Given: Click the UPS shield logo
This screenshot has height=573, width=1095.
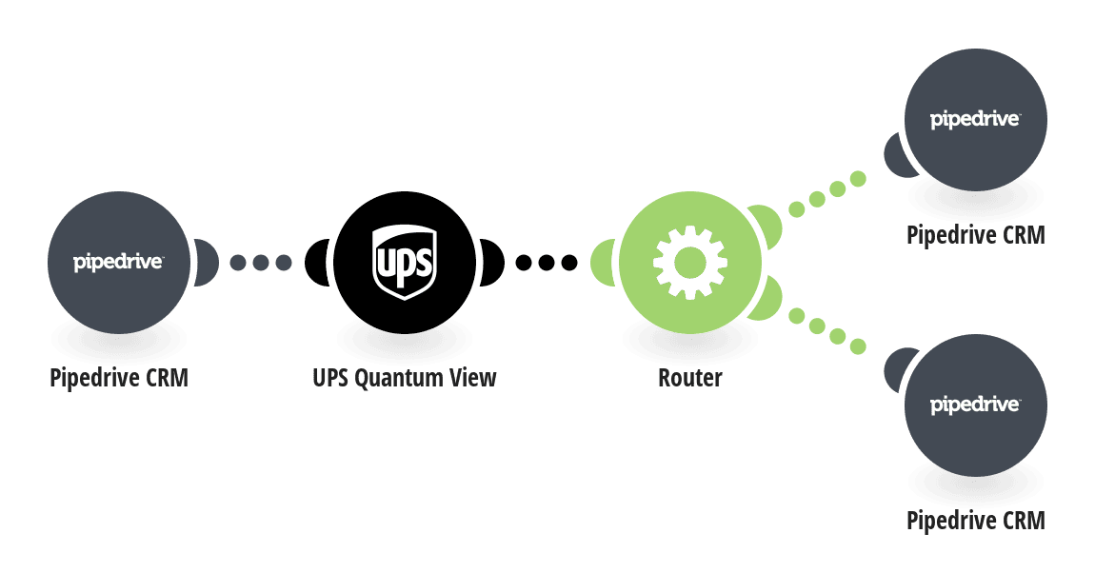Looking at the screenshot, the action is pos(405,262).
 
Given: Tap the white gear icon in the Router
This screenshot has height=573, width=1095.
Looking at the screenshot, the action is pos(690,263).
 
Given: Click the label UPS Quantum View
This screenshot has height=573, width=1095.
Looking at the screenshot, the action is pos(405,378).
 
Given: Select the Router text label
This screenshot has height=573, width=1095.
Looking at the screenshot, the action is pos(690,378).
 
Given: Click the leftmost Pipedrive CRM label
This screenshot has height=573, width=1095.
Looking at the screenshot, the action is pos(119,378).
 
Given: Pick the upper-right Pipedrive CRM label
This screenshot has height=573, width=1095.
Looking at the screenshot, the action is pos(976,235).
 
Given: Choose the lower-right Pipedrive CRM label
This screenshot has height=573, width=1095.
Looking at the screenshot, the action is pos(976,521).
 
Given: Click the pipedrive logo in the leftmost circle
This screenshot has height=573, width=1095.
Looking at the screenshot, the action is pos(118,263).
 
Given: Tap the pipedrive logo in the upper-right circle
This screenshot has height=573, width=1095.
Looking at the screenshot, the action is pos(975,119).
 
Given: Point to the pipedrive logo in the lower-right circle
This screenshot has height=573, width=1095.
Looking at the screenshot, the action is pos(975,405).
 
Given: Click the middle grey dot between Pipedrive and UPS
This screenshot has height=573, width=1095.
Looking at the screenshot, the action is pos(261,263).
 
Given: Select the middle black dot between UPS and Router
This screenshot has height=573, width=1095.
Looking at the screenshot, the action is pos(547,263).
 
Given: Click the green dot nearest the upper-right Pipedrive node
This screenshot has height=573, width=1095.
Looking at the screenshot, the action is pos(858,179).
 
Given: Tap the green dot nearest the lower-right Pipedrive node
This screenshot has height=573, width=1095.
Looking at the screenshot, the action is pos(858,346).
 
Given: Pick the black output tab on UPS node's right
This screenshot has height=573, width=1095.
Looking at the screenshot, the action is pos(491,263).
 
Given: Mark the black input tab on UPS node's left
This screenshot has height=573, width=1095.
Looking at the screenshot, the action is pos(317,263).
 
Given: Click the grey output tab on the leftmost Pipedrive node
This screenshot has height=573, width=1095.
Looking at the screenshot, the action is pos(206,263).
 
